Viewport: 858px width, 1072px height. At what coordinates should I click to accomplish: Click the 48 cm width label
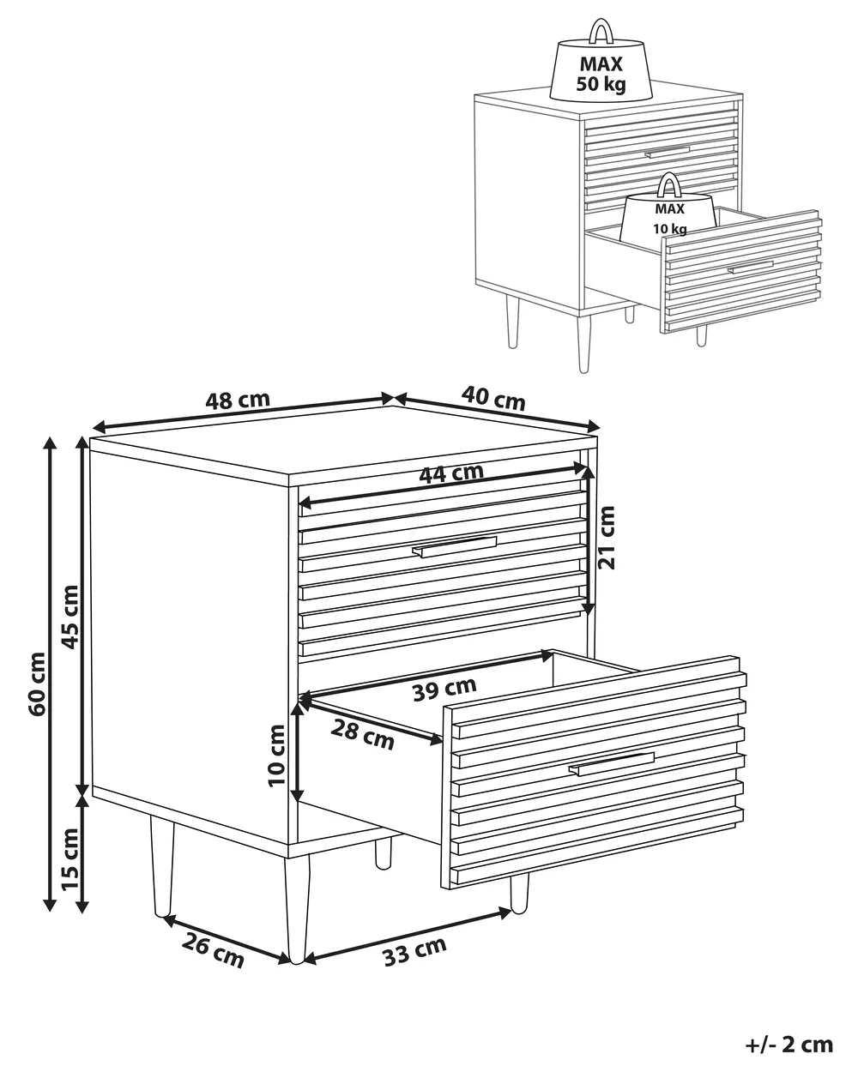coord(238,400)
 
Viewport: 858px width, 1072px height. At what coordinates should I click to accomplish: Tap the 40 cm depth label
coord(493,396)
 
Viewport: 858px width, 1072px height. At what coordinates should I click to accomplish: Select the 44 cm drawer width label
coord(451,472)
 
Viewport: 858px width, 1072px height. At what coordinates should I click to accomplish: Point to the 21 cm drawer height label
coord(607,538)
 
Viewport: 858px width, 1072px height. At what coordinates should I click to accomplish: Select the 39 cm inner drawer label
coord(444,688)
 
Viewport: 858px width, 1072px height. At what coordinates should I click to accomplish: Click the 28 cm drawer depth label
coord(363,734)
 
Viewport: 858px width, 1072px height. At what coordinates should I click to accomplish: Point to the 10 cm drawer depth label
coord(276,756)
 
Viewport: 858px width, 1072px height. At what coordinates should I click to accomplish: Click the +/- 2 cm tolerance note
coord(789,1044)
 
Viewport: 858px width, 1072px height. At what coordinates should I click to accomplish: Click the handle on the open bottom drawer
coord(611,764)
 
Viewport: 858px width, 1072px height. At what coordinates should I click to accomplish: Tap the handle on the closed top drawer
coord(455,547)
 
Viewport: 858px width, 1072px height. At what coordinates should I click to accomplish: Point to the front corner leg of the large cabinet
coord(296,909)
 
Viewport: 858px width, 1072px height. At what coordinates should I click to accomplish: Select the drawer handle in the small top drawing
coord(668,152)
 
